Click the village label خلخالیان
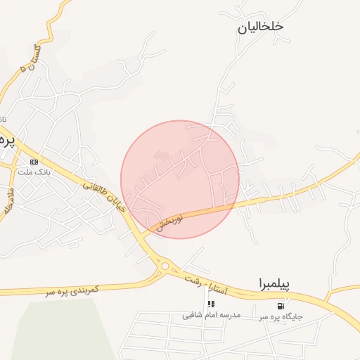[x=260, y=26]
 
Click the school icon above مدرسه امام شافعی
[x=210, y=304]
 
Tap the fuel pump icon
[x=281, y=306]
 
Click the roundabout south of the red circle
[x=165, y=265]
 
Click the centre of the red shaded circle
[x=180, y=179]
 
